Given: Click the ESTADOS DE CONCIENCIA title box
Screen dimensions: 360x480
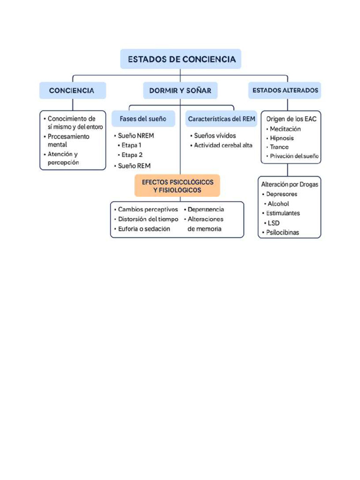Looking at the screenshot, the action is [180, 59].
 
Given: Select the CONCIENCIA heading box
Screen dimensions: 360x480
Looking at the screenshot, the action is [73, 90].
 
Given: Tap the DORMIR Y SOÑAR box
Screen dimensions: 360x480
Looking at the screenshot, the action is [180, 90].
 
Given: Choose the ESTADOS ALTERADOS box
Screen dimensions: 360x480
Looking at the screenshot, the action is [285, 90].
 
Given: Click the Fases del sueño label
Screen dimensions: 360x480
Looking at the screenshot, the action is [143, 119].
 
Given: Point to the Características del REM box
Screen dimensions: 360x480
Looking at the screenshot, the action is [221, 119].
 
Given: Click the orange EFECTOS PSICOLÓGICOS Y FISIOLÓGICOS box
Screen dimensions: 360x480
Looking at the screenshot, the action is [177, 186].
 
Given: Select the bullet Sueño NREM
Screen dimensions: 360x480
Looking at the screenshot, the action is [134, 135].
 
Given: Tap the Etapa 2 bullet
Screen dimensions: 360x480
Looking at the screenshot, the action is [130, 155].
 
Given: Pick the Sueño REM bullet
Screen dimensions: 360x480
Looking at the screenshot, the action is [132, 166].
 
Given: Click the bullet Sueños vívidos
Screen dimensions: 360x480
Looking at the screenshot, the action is [213, 135].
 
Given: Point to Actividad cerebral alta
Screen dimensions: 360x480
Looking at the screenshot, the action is [221, 145].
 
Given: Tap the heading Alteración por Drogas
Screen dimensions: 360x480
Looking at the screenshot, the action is [290, 184].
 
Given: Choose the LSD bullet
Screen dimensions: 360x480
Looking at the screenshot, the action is [272, 223].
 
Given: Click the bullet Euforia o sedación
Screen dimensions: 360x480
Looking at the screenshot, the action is [142, 229].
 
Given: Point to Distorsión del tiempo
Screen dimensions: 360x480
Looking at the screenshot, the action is [146, 219].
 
